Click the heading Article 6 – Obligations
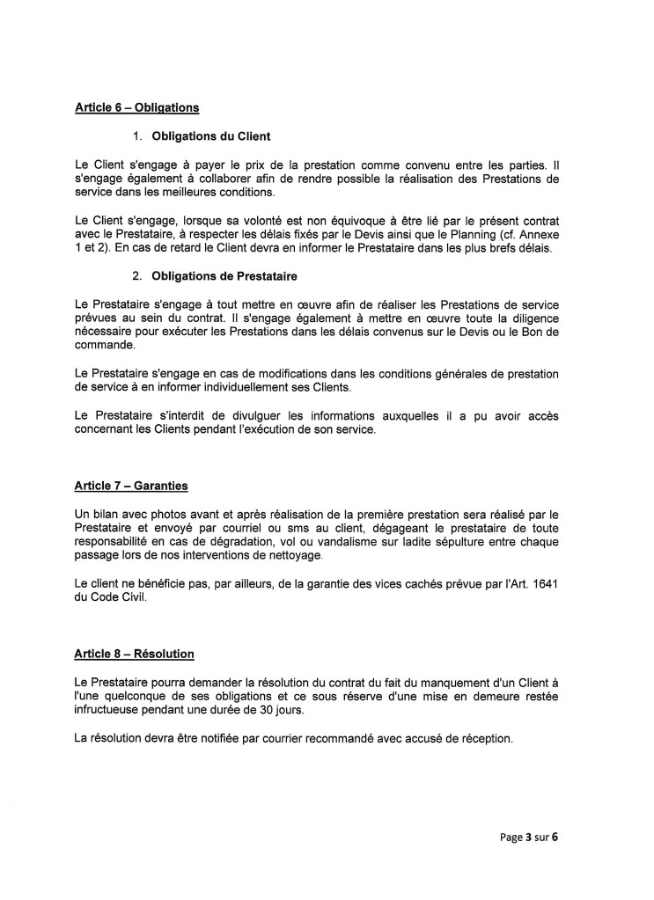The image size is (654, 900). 136,108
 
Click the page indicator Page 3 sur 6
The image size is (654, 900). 523,837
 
